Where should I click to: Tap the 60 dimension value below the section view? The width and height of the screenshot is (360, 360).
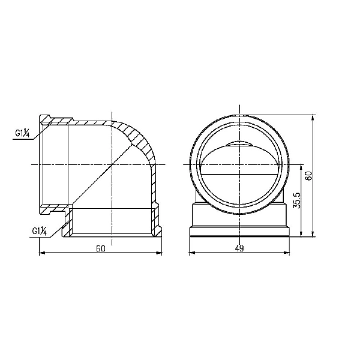pyautogui.click(x=100, y=249)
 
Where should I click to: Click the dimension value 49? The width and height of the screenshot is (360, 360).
pyautogui.click(x=239, y=249)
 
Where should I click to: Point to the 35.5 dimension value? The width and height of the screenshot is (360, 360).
pyautogui.click(x=296, y=200)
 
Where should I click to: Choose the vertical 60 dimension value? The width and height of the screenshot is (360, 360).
pyautogui.click(x=309, y=176)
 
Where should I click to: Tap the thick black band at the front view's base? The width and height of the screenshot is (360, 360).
pyautogui.click(x=239, y=236)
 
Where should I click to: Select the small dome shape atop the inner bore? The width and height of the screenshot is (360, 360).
pyautogui.click(x=239, y=145)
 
